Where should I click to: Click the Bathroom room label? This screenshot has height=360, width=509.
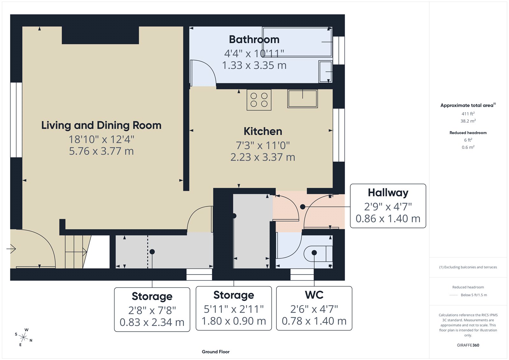coord(254,39)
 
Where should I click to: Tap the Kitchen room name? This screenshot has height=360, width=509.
coord(263,131)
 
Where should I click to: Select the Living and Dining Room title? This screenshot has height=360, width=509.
coord(101,125)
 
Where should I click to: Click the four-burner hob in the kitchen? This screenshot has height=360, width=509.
coord(259,100)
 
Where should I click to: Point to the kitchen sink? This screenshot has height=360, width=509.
coord(302,99)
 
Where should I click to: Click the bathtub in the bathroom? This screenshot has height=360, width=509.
coord(297,42)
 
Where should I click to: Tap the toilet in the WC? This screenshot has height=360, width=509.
coord(318,253)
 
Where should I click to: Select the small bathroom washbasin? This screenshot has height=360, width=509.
coord(326,72)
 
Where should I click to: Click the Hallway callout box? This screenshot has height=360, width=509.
coord(388,206)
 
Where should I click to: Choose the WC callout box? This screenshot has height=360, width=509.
coord(314,308)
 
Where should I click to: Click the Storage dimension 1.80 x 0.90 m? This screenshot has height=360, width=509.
coord(234,321)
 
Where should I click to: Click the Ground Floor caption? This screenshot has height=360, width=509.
coord(215,352)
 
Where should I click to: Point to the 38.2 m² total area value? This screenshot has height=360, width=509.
coord(468,121)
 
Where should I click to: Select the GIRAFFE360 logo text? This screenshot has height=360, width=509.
coord(468,345)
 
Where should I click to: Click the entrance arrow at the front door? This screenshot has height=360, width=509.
coord(11,249)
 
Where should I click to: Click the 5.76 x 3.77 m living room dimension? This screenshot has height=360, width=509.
coord(101,151)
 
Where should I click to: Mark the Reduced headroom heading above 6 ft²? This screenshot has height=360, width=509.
coord(468,133)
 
